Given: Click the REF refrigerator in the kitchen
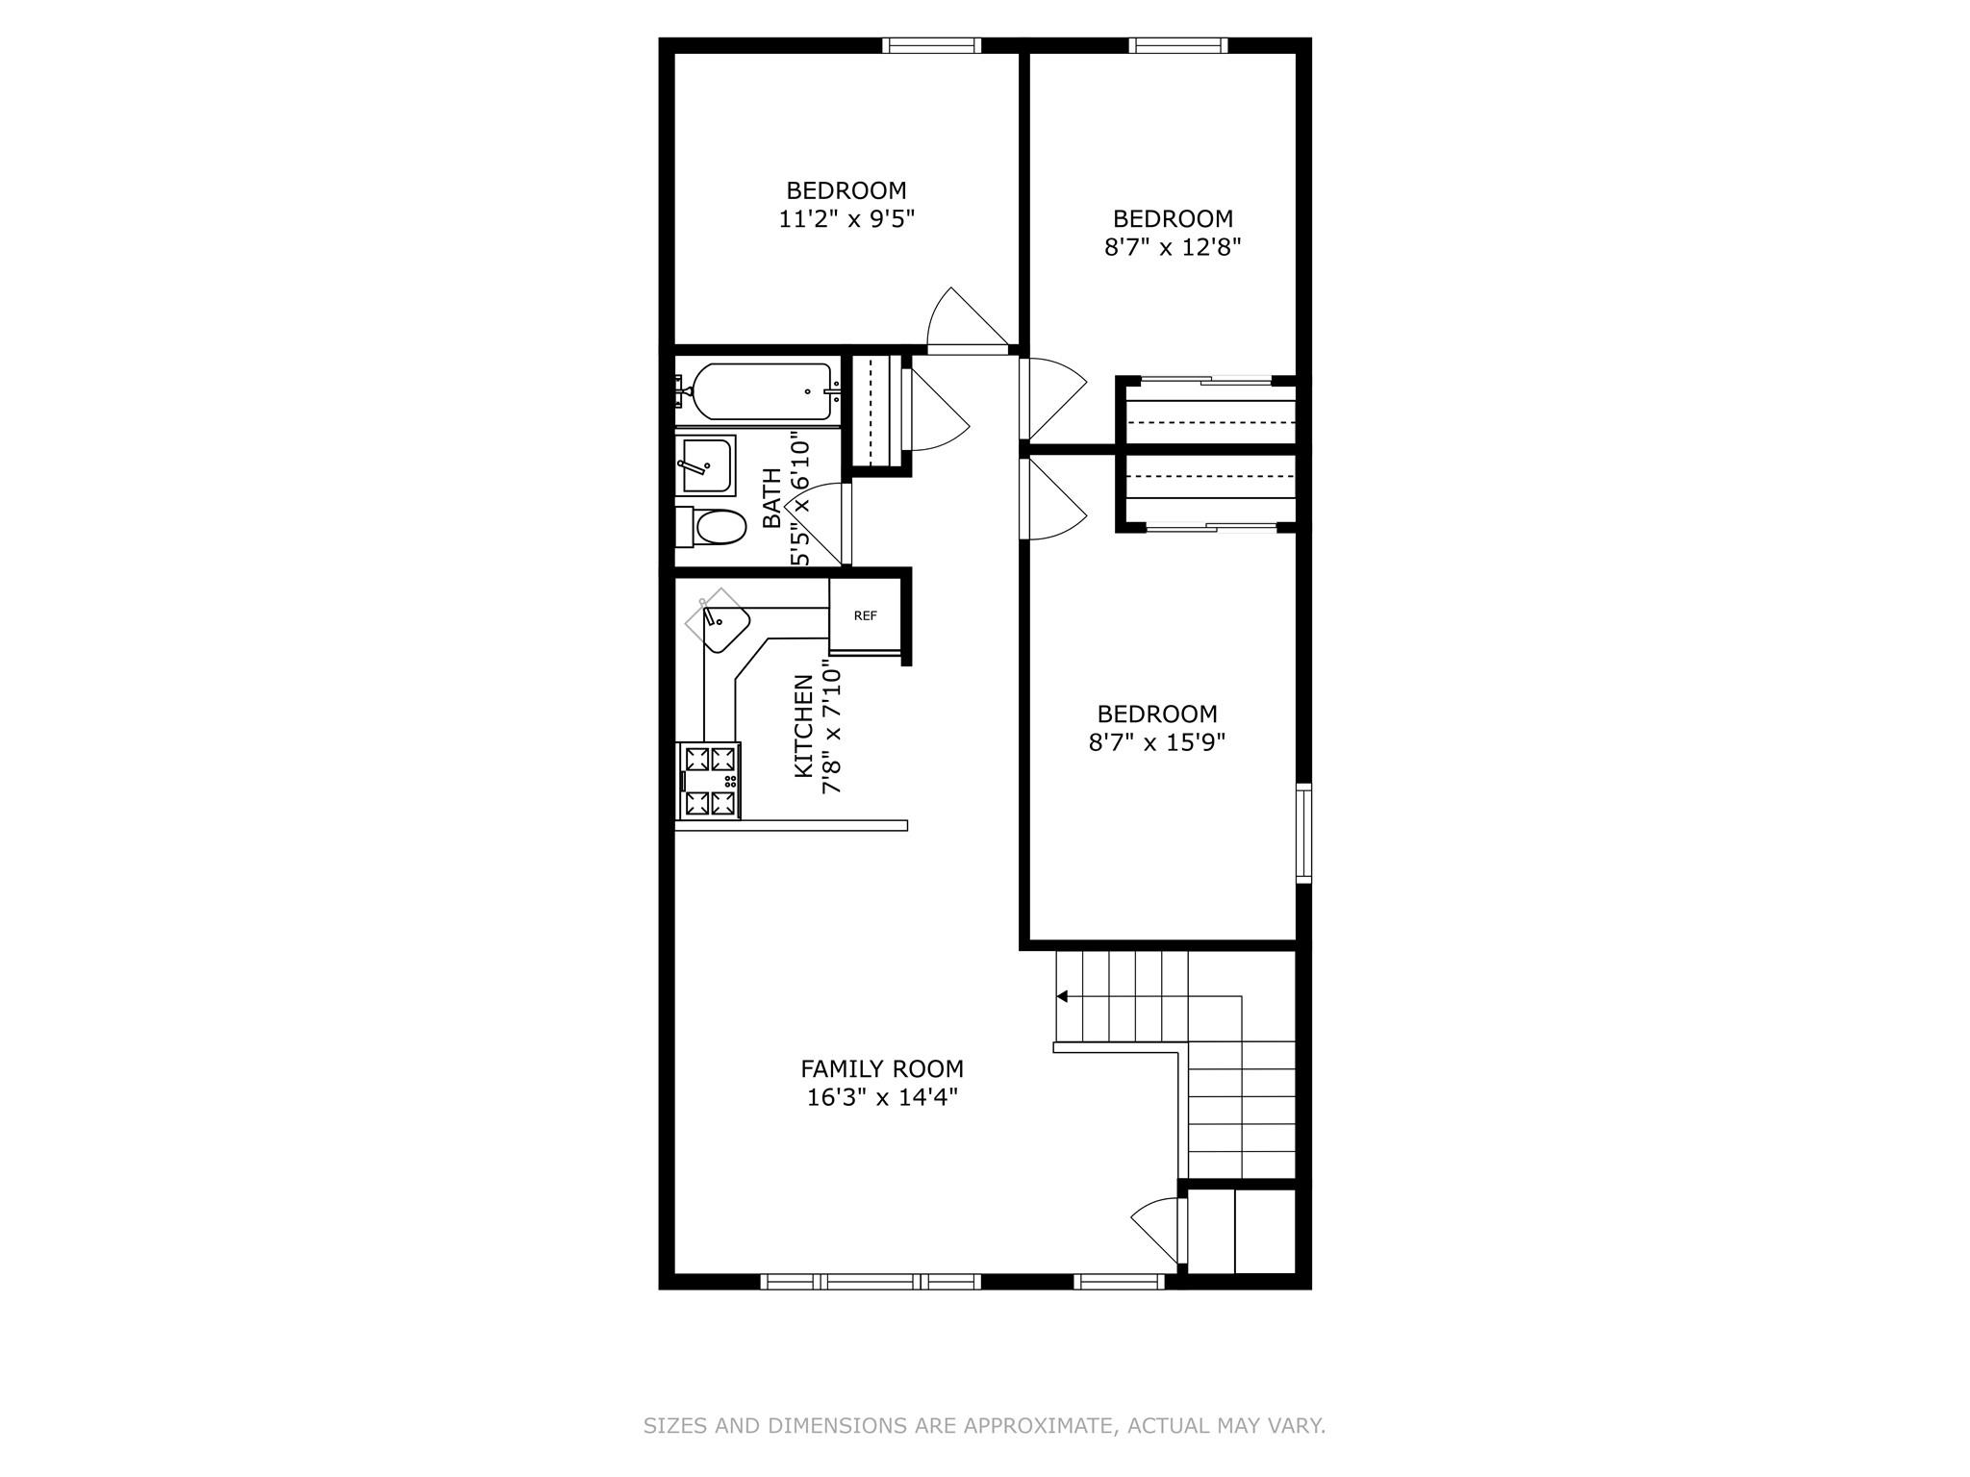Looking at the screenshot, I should [x=865, y=616].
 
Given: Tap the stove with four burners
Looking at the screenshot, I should [x=709, y=781].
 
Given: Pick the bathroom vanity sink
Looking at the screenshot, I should [x=706, y=465].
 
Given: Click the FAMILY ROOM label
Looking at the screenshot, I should [x=882, y=1068].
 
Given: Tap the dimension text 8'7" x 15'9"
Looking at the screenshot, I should [x=1157, y=742].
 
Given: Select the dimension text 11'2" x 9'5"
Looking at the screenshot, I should [x=846, y=219].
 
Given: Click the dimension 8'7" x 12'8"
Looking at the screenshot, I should [x=1173, y=247].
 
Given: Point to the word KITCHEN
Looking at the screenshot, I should [x=803, y=726].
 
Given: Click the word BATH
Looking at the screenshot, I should [x=772, y=498].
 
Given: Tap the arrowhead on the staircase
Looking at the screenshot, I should [x=1062, y=996].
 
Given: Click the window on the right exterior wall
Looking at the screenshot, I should [x=1303, y=833].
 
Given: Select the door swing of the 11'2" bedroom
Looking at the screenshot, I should [x=962, y=322].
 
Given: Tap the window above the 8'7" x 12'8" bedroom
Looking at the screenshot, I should [x=1178, y=45].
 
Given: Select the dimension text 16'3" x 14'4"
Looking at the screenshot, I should [x=882, y=1097].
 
